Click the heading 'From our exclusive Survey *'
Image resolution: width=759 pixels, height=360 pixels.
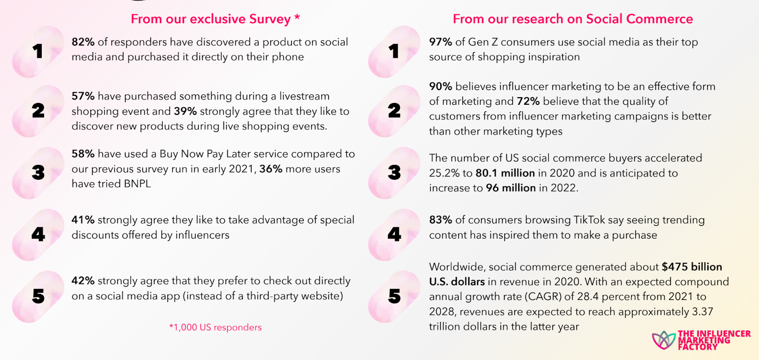[215, 19]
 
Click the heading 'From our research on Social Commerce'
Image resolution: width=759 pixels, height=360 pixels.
[573, 19]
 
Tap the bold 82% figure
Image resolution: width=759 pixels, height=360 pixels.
[83, 42]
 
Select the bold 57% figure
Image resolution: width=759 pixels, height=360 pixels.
[83, 96]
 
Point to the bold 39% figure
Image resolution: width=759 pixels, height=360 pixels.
[185, 111]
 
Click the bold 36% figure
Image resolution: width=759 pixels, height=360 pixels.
[270, 169]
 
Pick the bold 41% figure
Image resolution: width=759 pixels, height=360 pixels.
[83, 220]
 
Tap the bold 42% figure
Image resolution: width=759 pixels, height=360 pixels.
[83, 281]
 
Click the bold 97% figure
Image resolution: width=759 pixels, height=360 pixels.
[440, 42]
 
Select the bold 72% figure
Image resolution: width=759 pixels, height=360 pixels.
[528, 102]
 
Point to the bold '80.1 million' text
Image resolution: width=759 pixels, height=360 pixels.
[505, 173]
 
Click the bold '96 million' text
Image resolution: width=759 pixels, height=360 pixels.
[510, 188]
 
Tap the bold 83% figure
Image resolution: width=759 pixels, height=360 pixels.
[440, 220]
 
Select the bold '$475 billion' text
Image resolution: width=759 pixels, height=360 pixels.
[692, 267]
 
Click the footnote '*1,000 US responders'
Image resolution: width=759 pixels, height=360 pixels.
[215, 327]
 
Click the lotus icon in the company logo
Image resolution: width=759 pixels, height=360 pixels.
[663, 340]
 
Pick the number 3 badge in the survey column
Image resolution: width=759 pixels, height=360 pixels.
[38, 173]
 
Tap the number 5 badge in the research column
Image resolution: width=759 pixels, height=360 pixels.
[394, 296]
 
